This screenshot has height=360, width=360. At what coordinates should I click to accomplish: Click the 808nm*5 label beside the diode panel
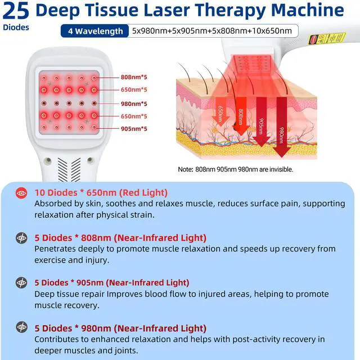pyautogui.click(x=134, y=77)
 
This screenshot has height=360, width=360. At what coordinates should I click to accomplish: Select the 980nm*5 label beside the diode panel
pyautogui.click(x=134, y=103)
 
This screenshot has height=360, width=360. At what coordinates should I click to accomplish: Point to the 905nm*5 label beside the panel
pyautogui.click(x=134, y=129)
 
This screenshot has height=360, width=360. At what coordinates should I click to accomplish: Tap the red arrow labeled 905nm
pyautogui.click(x=261, y=120)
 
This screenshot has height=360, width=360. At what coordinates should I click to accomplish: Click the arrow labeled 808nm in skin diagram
pyautogui.click(x=241, y=115)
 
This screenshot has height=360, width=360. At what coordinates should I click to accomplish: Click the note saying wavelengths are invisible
pyautogui.click(x=235, y=169)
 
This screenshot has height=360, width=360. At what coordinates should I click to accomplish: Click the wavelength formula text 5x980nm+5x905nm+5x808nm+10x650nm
pyautogui.click(x=211, y=31)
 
